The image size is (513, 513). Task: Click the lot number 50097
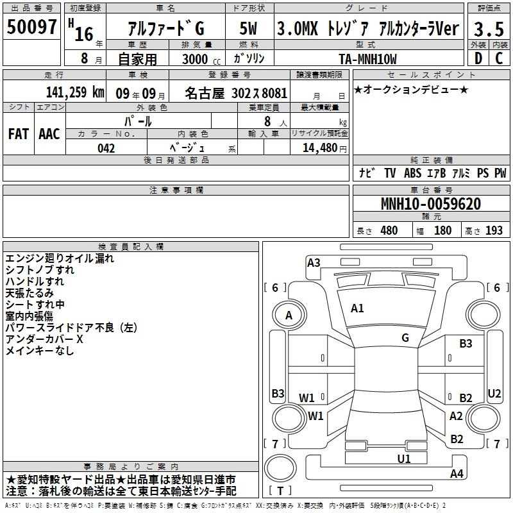coord(31,27)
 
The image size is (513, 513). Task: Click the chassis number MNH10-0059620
coord(430,204)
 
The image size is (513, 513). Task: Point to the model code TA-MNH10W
coord(367,59)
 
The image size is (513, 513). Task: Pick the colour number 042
coord(106,148)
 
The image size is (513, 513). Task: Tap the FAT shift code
coord(19,134)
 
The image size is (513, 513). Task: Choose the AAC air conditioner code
coord(49,134)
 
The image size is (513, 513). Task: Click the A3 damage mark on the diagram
coord(314,262)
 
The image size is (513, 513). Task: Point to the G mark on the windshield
coord(405,337)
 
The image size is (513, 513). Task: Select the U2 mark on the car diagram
coord(494,393)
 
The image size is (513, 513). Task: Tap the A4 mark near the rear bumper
coord(457,474)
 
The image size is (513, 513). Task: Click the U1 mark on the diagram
coord(404,458)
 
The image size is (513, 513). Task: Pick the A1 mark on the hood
coord(357,308)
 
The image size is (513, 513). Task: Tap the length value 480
coord(389,230)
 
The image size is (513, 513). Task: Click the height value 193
coord(494,230)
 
